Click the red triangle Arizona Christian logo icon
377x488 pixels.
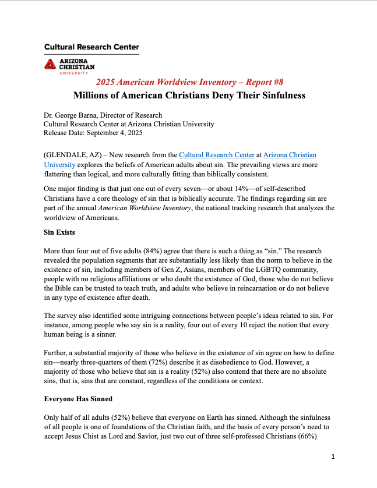click(51, 64)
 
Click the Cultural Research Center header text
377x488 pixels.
click(91, 47)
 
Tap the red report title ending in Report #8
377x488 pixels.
click(189, 82)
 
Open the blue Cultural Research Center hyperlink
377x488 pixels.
click(217, 155)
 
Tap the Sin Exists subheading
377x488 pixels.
click(61, 232)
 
